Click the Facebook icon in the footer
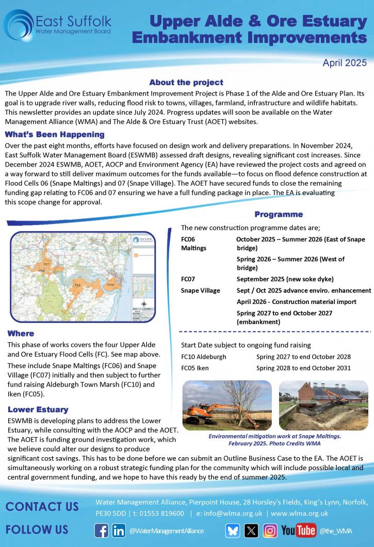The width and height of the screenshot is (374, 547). click(x=101, y=530)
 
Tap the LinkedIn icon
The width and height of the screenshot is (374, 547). click(x=119, y=530)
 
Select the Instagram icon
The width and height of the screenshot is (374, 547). click(x=270, y=530)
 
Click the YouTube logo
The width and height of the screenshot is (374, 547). click(x=298, y=530)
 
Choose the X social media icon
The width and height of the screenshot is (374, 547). click(x=251, y=530)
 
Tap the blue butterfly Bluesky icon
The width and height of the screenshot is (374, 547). click(x=233, y=530)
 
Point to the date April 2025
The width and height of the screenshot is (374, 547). click(x=345, y=63)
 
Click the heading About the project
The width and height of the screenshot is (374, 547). click(x=186, y=83)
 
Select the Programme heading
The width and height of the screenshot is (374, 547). click(x=279, y=214)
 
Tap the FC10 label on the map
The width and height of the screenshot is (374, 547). click(x=110, y=284)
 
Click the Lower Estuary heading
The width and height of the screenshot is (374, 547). click(x=38, y=410)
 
